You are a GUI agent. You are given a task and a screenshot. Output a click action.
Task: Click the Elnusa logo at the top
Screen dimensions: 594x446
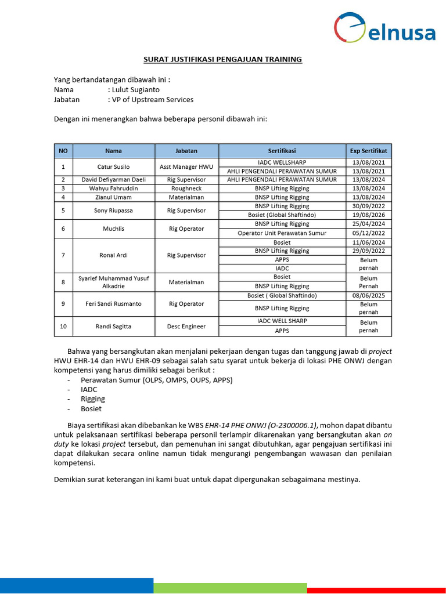coord(384,29)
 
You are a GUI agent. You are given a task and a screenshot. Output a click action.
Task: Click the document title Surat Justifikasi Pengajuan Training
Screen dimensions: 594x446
coord(223,59)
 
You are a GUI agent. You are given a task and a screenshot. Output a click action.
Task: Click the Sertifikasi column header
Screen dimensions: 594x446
coord(282,151)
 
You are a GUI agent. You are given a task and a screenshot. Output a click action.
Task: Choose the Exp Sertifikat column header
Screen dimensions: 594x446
coord(369,151)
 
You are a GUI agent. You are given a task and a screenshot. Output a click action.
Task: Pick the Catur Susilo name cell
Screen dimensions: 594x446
coord(114,166)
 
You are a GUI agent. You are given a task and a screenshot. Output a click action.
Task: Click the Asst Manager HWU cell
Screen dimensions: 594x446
coord(186,166)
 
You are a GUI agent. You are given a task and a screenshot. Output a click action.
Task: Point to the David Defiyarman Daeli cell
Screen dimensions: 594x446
coord(114,180)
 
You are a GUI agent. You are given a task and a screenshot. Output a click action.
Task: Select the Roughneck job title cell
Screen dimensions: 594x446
coord(186,189)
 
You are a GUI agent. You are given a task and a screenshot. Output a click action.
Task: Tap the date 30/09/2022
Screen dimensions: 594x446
coord(369,206)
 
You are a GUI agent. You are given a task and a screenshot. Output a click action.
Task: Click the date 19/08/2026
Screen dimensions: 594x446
coord(369,215)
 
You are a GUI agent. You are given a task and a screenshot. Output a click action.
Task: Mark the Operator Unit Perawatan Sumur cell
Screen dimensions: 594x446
coord(282,233)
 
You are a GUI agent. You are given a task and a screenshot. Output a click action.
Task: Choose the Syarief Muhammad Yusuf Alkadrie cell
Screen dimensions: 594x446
coord(114,282)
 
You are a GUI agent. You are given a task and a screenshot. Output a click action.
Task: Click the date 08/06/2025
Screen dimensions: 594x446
coord(369,296)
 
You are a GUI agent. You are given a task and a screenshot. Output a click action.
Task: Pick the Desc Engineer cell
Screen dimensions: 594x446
coord(186,327)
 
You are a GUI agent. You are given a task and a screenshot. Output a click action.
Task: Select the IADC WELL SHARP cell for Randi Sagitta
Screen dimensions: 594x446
coord(282,321)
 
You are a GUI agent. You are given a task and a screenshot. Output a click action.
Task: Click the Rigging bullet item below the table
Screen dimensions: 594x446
coord(93,399)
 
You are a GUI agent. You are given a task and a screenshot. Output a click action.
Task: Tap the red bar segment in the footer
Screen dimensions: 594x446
coord(376,588)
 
